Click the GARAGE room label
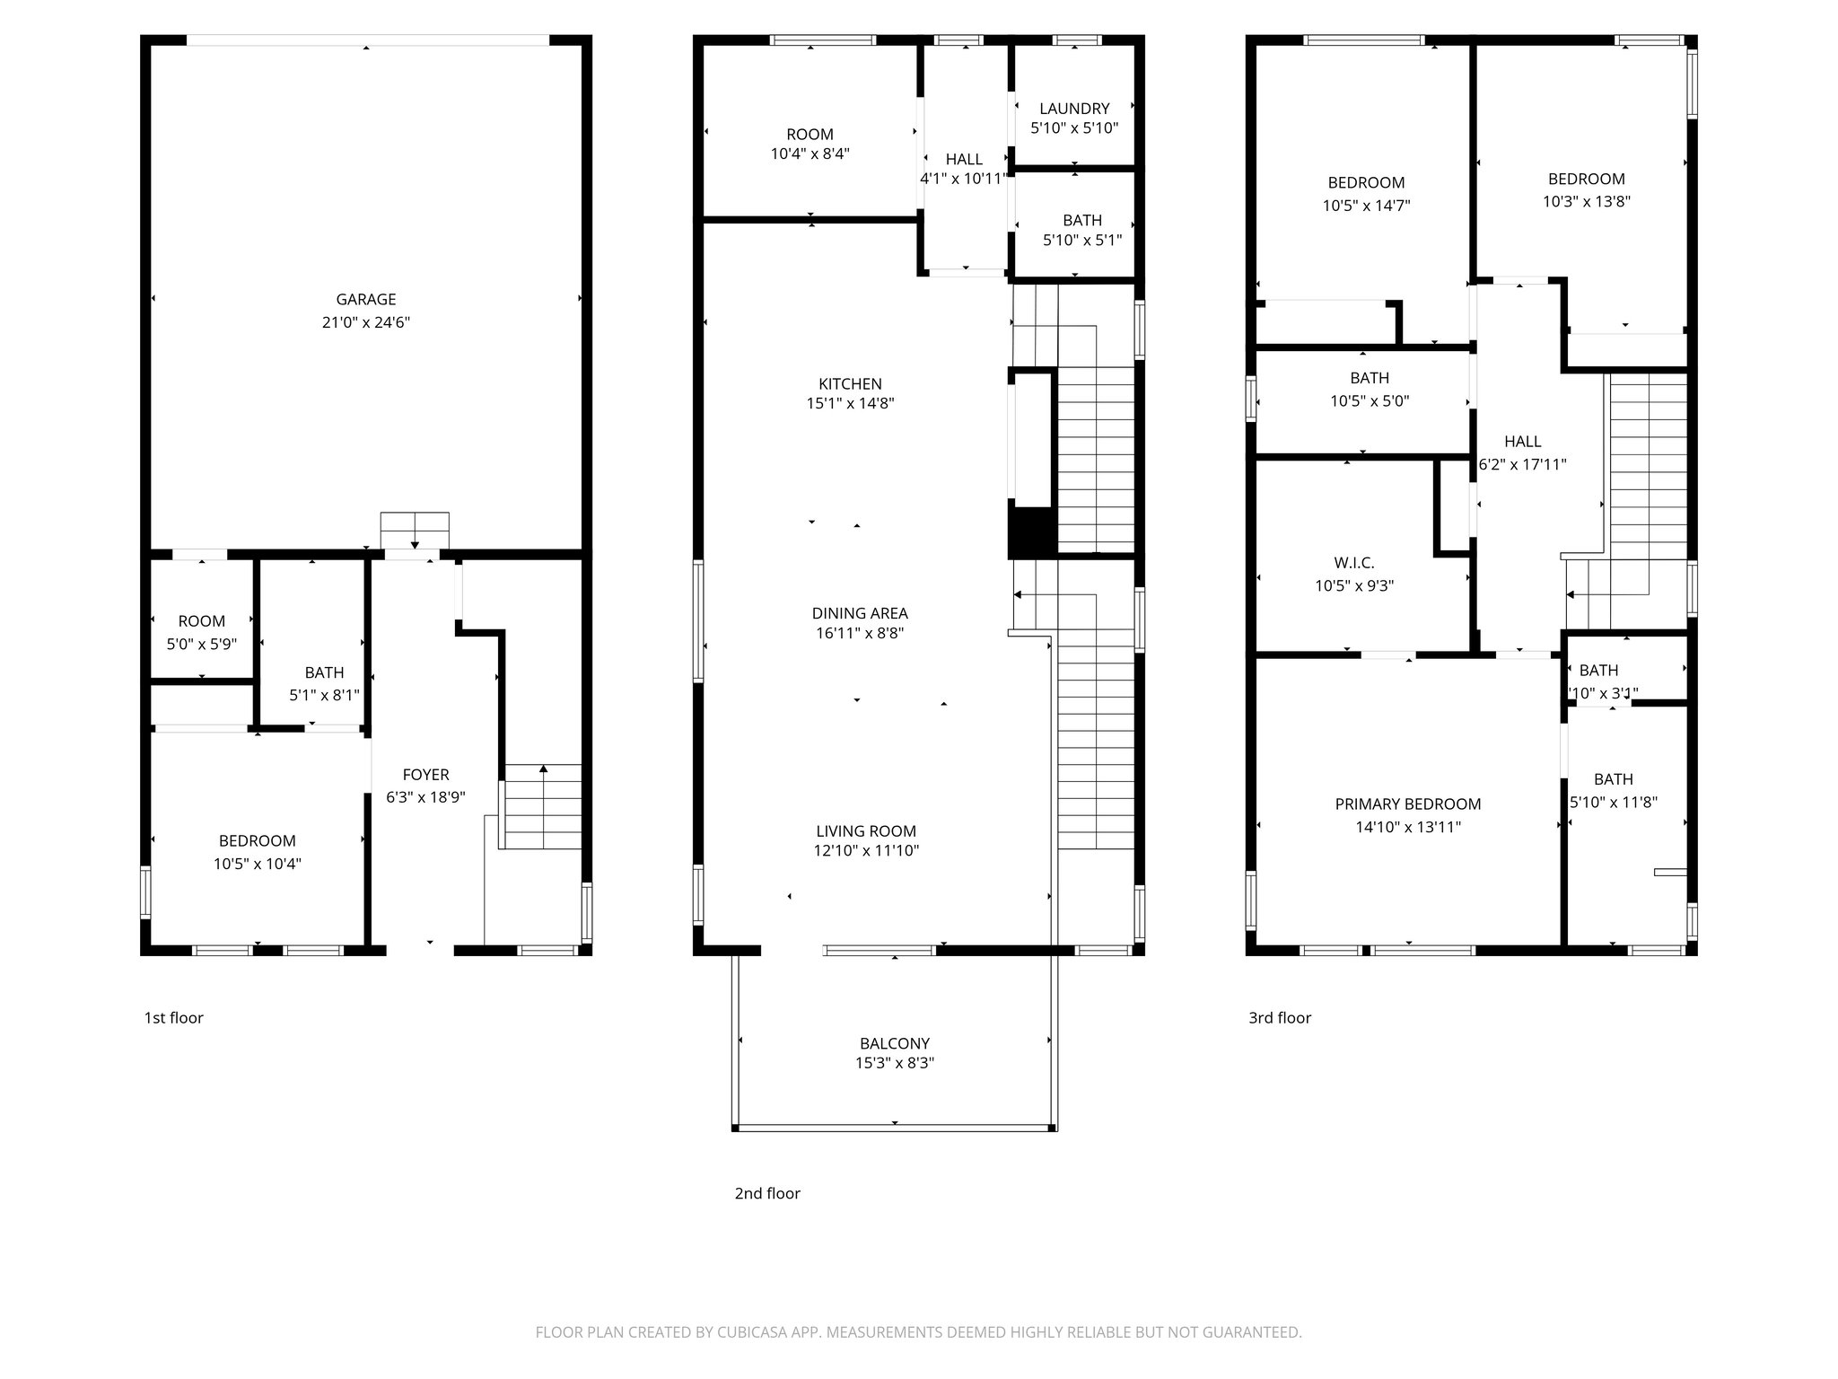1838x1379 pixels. pyautogui.click(x=366, y=300)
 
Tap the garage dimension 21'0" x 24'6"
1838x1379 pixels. pyautogui.click(x=366, y=323)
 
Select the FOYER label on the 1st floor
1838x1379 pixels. pyautogui.click(x=425, y=775)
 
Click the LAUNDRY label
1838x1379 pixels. pyautogui.click(x=1074, y=109)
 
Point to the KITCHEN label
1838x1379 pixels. pyautogui.click(x=850, y=384)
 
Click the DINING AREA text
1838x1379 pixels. pyautogui.click(x=860, y=614)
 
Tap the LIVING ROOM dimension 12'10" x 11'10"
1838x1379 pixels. pyautogui.click(x=866, y=851)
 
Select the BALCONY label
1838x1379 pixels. pyautogui.click(x=895, y=1044)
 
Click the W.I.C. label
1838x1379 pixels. pyautogui.click(x=1354, y=563)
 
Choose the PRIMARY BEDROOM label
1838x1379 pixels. pyautogui.click(x=1408, y=804)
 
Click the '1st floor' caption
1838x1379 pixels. pyautogui.click(x=174, y=1018)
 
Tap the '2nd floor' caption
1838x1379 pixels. pyautogui.click(x=767, y=1194)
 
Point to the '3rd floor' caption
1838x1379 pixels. pyautogui.click(x=1280, y=1018)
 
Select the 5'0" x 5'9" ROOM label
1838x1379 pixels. pyautogui.click(x=202, y=621)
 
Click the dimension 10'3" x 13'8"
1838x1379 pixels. pyautogui.click(x=1587, y=202)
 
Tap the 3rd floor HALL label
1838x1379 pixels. pyautogui.click(x=1523, y=442)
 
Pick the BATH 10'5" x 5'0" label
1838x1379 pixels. pyautogui.click(x=1370, y=379)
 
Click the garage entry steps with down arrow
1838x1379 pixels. pyautogui.click(x=415, y=531)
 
